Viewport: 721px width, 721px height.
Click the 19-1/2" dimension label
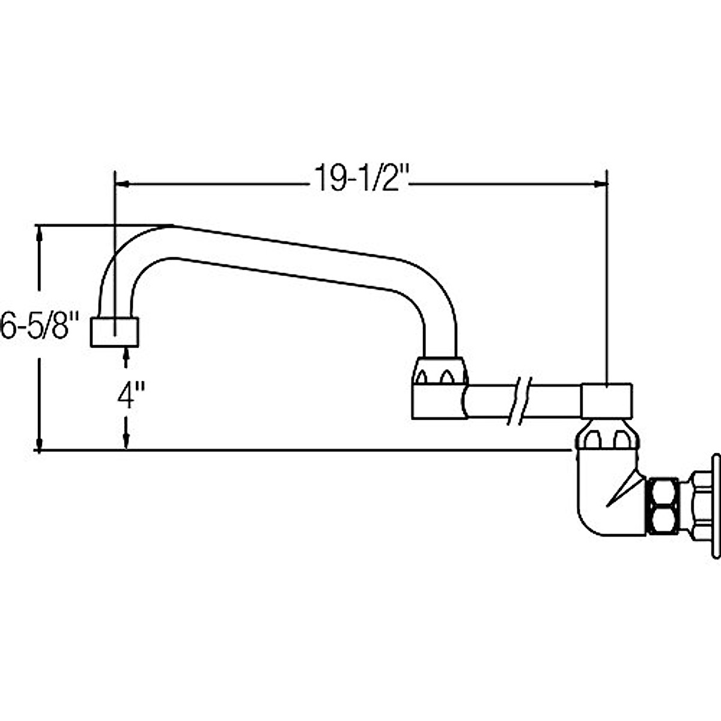[360, 178]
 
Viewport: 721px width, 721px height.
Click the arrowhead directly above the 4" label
[126, 356]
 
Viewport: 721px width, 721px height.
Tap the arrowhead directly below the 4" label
[126, 442]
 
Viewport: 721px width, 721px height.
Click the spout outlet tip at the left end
[115, 332]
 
